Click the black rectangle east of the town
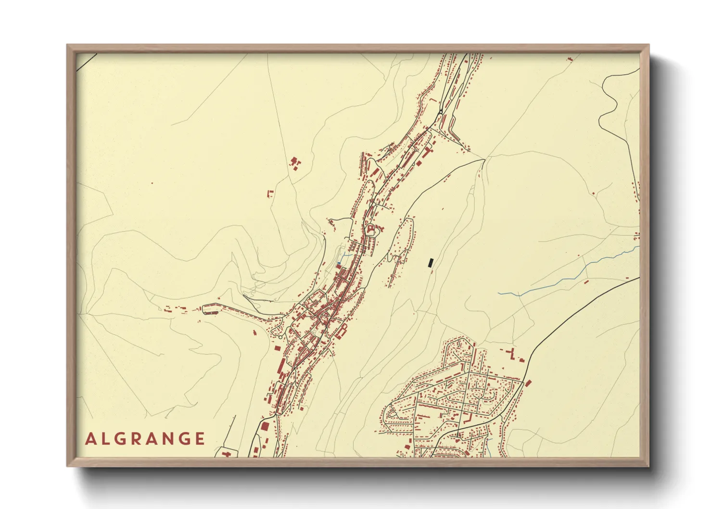pos(431,262)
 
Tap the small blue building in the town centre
pos(339,263)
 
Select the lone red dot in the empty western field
pos(152,183)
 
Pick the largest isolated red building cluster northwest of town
pos(294,162)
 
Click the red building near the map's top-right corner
pos(571,59)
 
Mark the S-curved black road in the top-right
pos(609,101)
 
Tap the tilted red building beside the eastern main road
pos(528,383)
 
